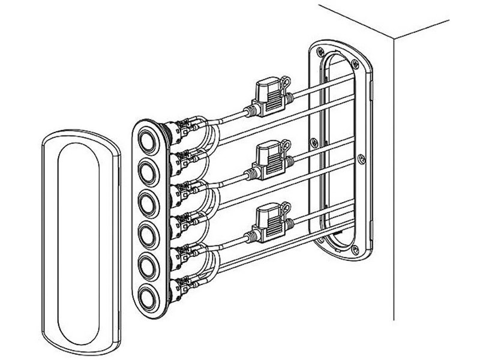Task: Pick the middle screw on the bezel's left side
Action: (x=313, y=142)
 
